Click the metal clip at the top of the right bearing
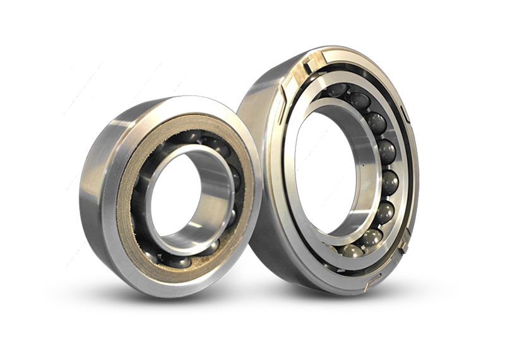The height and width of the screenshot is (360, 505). coord(312,62)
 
